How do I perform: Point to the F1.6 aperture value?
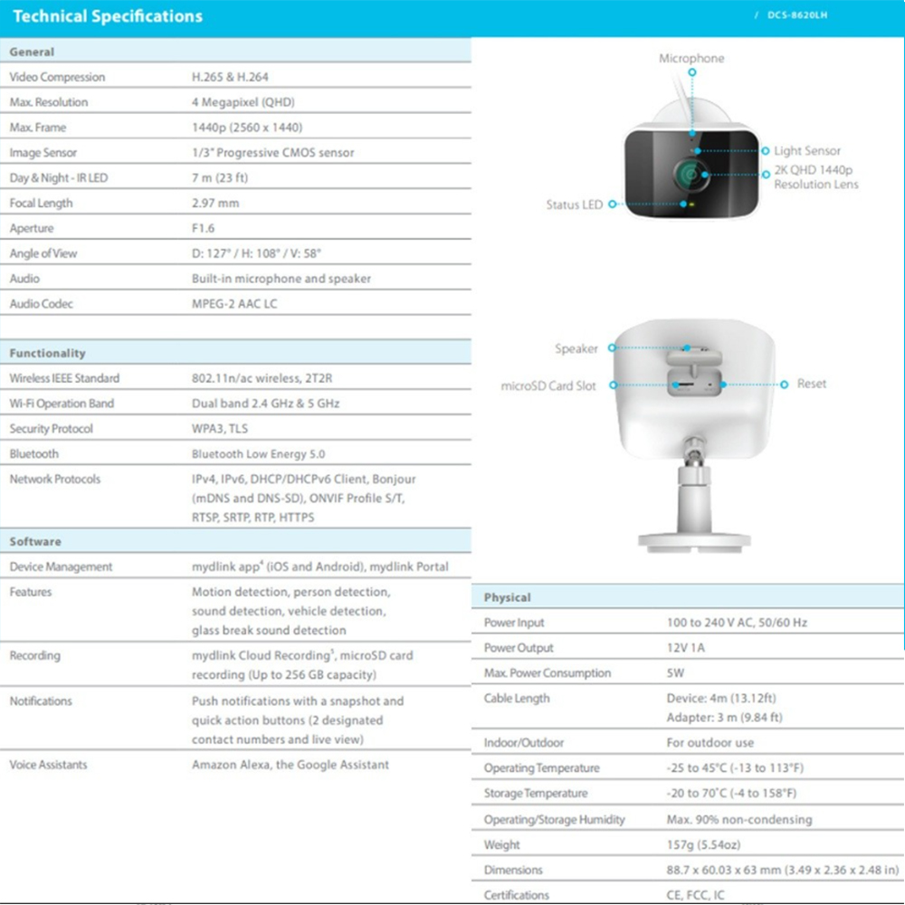point(204,228)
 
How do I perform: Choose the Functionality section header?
point(47,353)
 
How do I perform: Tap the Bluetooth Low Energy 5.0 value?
point(258,453)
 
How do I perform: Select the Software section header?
point(35,541)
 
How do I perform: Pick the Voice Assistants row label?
point(49,765)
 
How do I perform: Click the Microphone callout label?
point(691,58)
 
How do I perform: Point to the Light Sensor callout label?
point(807,151)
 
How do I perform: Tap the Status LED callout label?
point(574,205)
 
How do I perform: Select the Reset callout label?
point(812,384)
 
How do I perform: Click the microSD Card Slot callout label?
point(548,386)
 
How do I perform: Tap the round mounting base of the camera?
point(693,540)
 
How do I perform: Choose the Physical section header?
point(507,597)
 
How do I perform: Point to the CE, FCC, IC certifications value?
point(696,895)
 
